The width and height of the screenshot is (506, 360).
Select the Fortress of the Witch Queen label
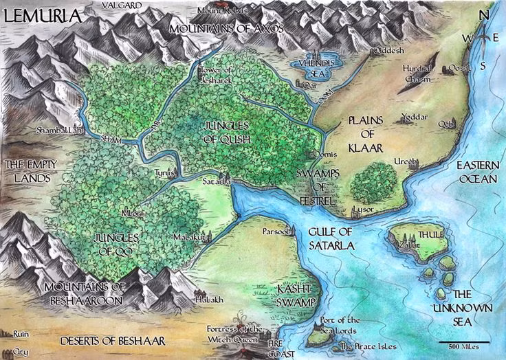pos(235,334)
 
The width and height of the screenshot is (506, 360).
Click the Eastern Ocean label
pos(479,172)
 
